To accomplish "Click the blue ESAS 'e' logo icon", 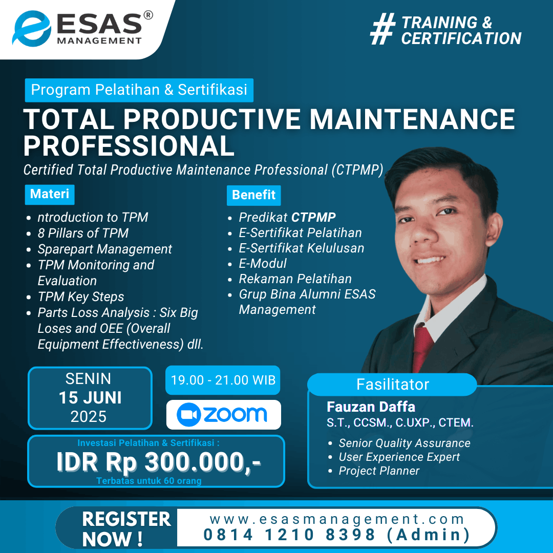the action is [x=32, y=29].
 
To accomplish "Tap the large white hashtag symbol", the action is [x=382, y=29].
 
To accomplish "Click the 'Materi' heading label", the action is [x=50, y=195].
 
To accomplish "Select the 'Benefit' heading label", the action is [x=253, y=195].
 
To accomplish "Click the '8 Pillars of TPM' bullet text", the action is [x=83, y=233].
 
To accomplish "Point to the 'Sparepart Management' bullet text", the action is [x=105, y=249].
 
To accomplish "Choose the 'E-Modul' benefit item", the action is [x=263, y=264].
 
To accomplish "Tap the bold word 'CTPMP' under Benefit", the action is [x=313, y=217].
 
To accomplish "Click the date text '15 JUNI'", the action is [x=90, y=398].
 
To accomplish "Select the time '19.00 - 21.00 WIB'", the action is [x=223, y=380].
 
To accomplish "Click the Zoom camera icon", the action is [x=188, y=414].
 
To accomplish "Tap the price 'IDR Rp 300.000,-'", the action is [x=158, y=462].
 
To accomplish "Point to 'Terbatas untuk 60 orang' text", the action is [x=149, y=481].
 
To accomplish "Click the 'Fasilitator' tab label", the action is [x=393, y=385].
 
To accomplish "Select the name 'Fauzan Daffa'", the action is [x=371, y=407].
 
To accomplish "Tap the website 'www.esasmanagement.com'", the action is [x=337, y=519].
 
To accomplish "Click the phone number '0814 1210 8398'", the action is [x=289, y=535].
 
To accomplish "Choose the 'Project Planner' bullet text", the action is [x=379, y=471].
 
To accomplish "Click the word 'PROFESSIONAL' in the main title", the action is [x=129, y=146].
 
